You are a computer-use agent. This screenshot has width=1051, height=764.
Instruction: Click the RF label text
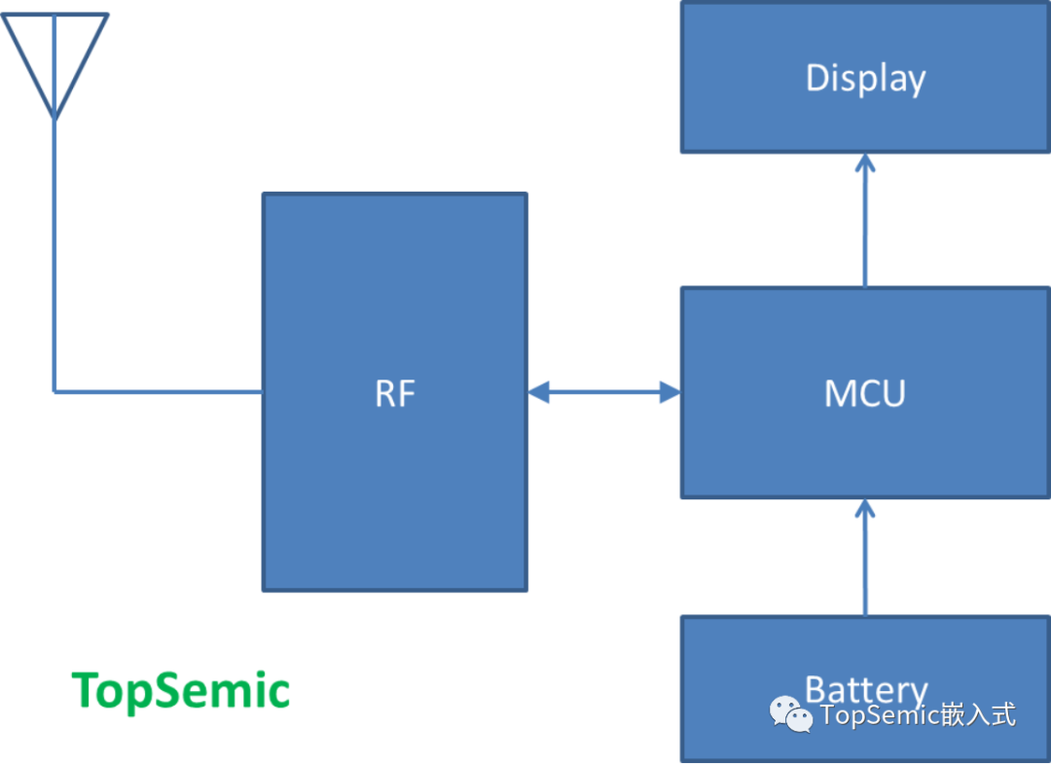coord(395,393)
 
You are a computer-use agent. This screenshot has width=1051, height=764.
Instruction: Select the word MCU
coord(864,393)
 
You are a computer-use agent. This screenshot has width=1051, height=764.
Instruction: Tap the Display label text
coord(865,79)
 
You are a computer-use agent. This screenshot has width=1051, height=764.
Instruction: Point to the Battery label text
coord(865,689)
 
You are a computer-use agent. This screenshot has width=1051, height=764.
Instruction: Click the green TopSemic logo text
coord(181,690)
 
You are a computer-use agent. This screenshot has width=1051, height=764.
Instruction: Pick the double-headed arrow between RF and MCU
coord(603,393)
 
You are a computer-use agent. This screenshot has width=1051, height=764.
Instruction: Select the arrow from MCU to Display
coord(865,224)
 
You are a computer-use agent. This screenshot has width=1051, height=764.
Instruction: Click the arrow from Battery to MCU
coord(865,560)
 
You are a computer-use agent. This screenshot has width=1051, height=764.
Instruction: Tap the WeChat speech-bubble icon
coord(791,715)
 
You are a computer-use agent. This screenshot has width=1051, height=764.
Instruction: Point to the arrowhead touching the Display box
coord(865,162)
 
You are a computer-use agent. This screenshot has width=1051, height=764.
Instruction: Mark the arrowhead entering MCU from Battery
coord(865,507)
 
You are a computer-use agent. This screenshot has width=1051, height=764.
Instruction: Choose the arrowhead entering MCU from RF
coord(670,393)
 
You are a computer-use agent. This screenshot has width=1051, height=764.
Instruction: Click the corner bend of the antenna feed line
coord(54,391)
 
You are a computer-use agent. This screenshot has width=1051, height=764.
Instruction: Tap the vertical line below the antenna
coord(54,253)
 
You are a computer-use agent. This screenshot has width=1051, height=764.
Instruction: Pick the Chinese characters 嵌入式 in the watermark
coord(979,715)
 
